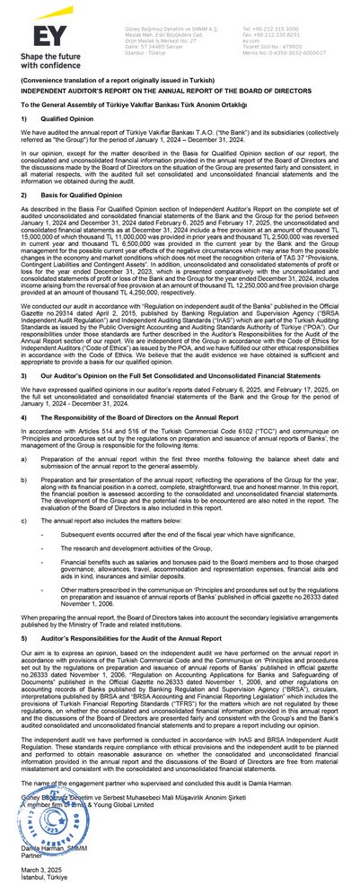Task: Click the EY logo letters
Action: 41,37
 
